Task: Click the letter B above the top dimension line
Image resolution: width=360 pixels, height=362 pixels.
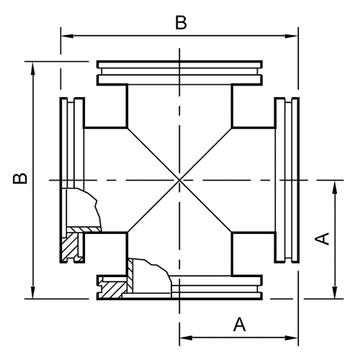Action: [181, 22]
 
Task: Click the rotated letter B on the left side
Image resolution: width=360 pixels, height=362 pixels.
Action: [20, 178]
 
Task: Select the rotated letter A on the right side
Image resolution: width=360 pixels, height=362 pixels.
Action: [323, 239]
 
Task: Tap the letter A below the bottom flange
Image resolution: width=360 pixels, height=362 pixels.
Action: [239, 325]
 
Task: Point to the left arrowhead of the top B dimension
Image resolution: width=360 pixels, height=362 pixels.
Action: [67, 36]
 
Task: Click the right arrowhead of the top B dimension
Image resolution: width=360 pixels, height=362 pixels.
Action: [292, 36]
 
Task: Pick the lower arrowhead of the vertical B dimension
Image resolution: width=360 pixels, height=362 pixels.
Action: [33, 292]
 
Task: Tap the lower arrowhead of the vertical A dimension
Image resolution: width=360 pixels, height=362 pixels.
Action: [335, 292]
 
